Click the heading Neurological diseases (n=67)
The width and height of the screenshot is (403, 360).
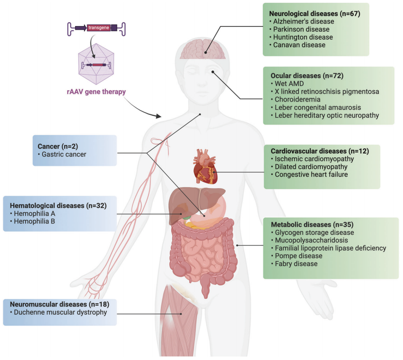point(315,14)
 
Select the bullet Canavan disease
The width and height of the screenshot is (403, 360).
point(299,45)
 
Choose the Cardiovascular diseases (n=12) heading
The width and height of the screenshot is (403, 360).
point(319,151)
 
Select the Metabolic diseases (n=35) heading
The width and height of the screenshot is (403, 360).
point(312,224)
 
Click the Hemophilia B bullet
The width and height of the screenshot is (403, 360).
point(32,221)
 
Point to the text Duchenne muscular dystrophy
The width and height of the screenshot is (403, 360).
point(58,312)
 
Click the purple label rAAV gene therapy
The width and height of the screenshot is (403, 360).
point(96,92)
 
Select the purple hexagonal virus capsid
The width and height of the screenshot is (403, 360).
point(96,64)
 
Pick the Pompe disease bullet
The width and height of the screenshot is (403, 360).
point(298,256)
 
